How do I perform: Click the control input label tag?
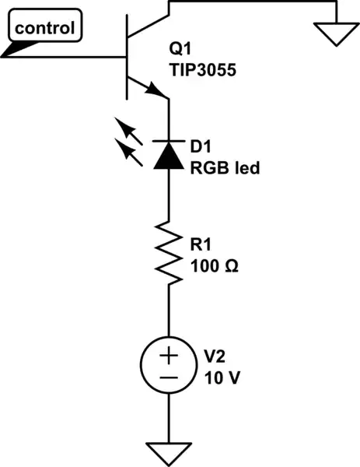[x=45, y=30]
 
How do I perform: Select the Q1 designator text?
[x=180, y=49]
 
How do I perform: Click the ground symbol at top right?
[x=336, y=33]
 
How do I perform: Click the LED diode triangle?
[x=169, y=156]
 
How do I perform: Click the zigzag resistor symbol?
[x=169, y=249]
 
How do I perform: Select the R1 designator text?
[x=201, y=244]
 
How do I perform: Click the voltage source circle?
[x=169, y=366]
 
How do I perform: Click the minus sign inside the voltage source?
[x=169, y=377]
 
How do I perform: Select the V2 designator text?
[x=214, y=356]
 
